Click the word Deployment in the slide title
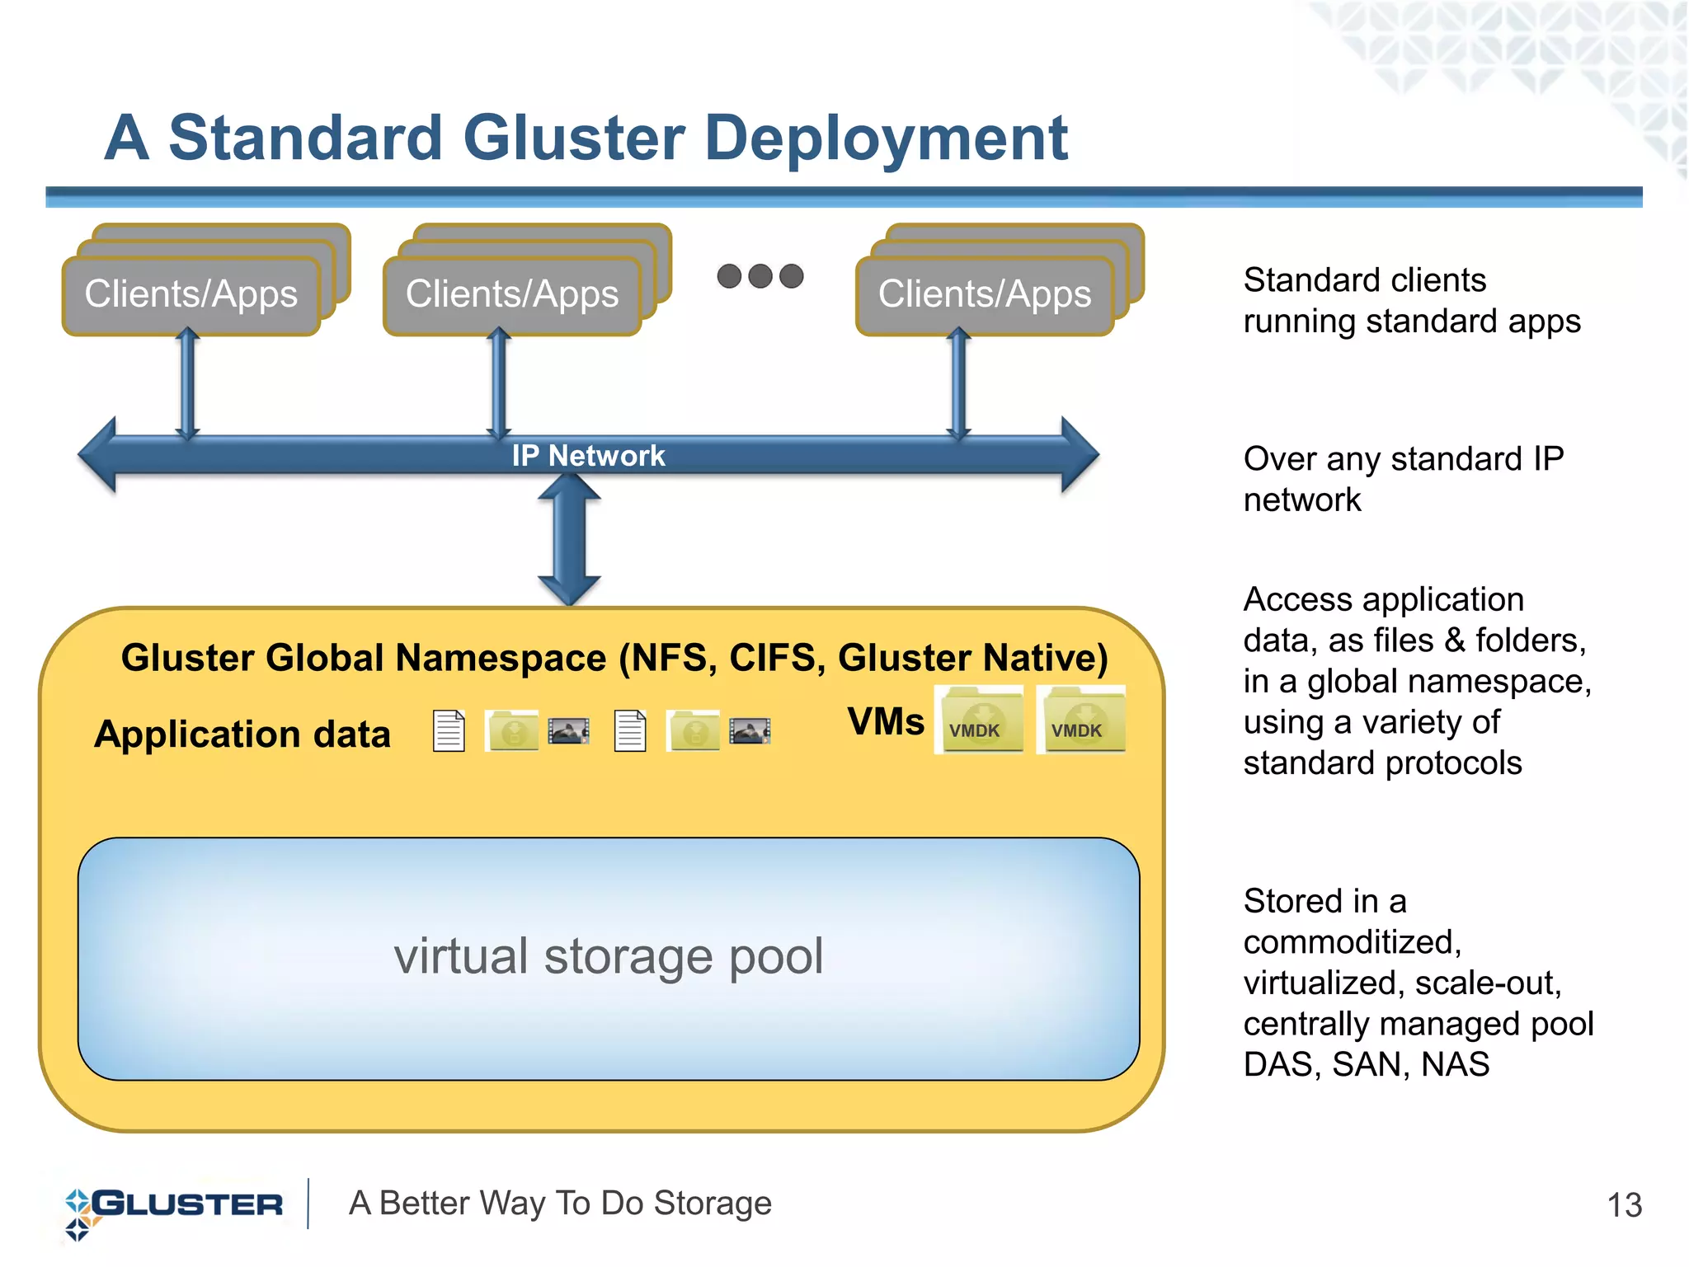point(886,138)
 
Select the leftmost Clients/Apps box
point(191,295)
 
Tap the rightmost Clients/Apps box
point(984,295)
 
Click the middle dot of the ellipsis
point(760,276)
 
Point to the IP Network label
point(588,456)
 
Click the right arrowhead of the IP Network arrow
point(1078,454)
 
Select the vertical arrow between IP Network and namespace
point(569,540)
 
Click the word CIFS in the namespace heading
point(776,659)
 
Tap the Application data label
point(242,734)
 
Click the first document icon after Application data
point(449,731)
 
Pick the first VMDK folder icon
point(979,720)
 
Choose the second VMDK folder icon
point(1081,720)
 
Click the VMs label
point(886,721)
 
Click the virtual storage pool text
point(609,957)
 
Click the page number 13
point(1624,1206)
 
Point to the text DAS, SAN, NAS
point(1366,1065)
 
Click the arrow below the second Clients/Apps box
point(499,383)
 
